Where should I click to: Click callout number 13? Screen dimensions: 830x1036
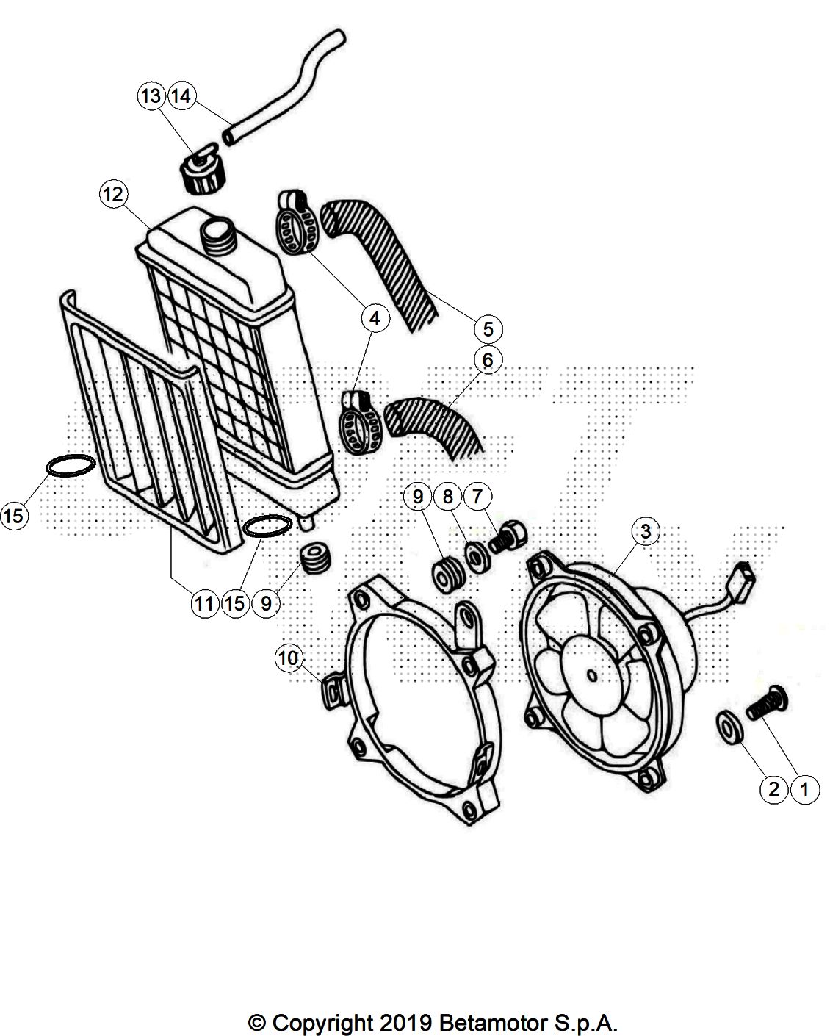(151, 96)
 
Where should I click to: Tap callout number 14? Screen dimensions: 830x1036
(181, 96)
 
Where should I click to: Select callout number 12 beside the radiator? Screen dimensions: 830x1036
(114, 194)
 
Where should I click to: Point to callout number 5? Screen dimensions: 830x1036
(488, 329)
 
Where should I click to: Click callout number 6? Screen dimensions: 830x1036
(488, 359)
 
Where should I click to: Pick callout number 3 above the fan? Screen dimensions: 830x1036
(645, 531)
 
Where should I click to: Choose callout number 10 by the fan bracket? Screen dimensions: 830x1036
(289, 658)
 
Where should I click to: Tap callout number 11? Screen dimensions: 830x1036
(204, 602)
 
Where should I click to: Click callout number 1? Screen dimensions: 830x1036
(804, 790)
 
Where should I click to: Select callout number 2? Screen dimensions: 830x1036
(773, 790)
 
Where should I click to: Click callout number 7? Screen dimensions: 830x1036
(477, 497)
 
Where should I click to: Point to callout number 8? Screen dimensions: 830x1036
(448, 497)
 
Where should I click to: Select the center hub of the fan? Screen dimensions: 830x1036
(593, 676)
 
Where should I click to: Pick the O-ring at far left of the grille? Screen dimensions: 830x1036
(71, 467)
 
